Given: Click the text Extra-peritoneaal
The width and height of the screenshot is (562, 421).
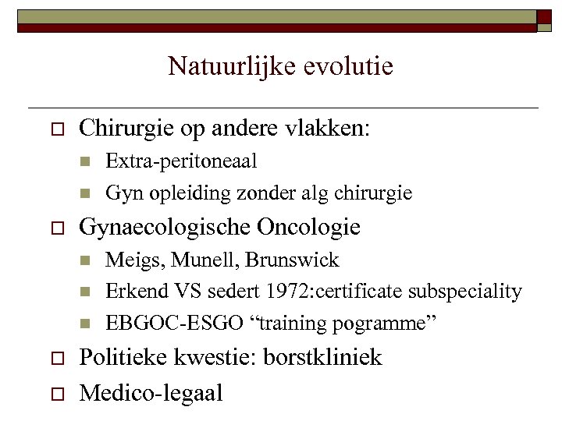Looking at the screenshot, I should coord(181,161).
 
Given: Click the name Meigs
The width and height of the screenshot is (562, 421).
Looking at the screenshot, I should coord(130,260).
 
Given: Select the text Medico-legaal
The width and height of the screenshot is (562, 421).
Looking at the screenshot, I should coord(151,392).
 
